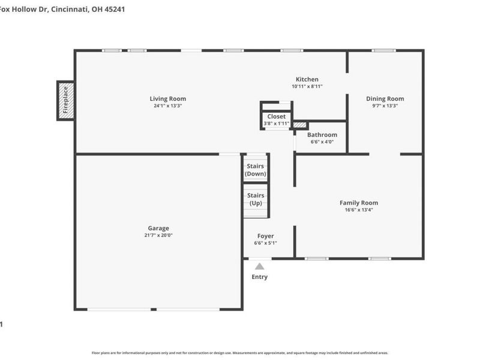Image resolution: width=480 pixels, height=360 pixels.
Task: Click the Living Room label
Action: click(167, 99)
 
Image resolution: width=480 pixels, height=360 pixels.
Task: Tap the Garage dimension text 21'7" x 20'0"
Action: click(158, 235)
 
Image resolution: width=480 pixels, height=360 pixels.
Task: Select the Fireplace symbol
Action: click(66, 100)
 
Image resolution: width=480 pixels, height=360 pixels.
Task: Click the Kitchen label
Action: click(307, 79)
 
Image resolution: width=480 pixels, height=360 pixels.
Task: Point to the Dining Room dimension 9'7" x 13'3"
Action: click(385, 106)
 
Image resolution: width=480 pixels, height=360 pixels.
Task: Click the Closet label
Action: click(277, 116)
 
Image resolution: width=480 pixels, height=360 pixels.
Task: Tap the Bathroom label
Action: click(322, 135)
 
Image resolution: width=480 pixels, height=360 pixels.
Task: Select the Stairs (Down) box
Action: click(256, 169)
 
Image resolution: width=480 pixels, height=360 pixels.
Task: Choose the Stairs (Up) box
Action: click(256, 199)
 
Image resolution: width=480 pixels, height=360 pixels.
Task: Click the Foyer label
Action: click(266, 236)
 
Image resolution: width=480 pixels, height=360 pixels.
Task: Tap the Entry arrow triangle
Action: click(259, 266)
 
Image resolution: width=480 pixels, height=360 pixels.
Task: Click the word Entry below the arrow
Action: click(259, 277)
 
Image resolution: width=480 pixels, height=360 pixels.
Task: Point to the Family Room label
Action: click(359, 203)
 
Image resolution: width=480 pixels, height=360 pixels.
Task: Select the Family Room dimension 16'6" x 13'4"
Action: click(359, 210)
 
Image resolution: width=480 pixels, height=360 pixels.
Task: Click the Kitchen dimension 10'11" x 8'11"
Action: click(307, 86)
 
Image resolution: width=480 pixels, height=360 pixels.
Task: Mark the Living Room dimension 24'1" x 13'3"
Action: click(167, 106)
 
